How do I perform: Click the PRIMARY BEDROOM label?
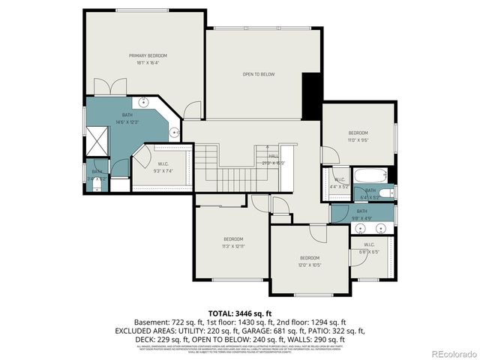pyautogui.click(x=148, y=55)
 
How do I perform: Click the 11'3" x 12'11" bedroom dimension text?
pyautogui.click(x=233, y=245)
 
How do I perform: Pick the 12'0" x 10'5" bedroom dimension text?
pyautogui.click(x=310, y=264)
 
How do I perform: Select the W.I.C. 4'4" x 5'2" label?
pyautogui.click(x=339, y=183)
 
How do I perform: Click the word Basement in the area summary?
pyautogui.click(x=151, y=321)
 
